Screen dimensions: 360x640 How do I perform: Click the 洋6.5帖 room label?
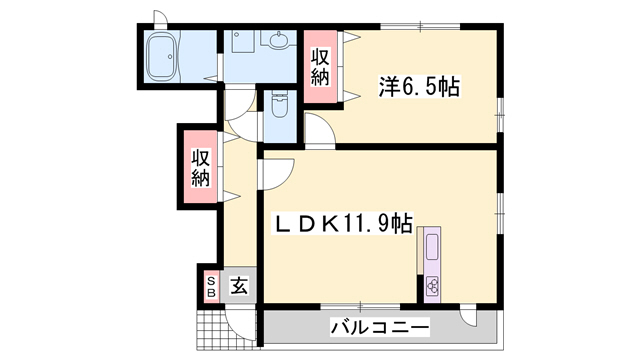click(419, 88)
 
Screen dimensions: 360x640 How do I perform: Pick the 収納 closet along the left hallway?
click(200, 167)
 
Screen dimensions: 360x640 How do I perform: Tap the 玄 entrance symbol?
click(239, 287)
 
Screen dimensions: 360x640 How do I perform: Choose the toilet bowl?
click(279, 108)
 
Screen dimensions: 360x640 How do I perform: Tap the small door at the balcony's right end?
click(470, 318)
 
